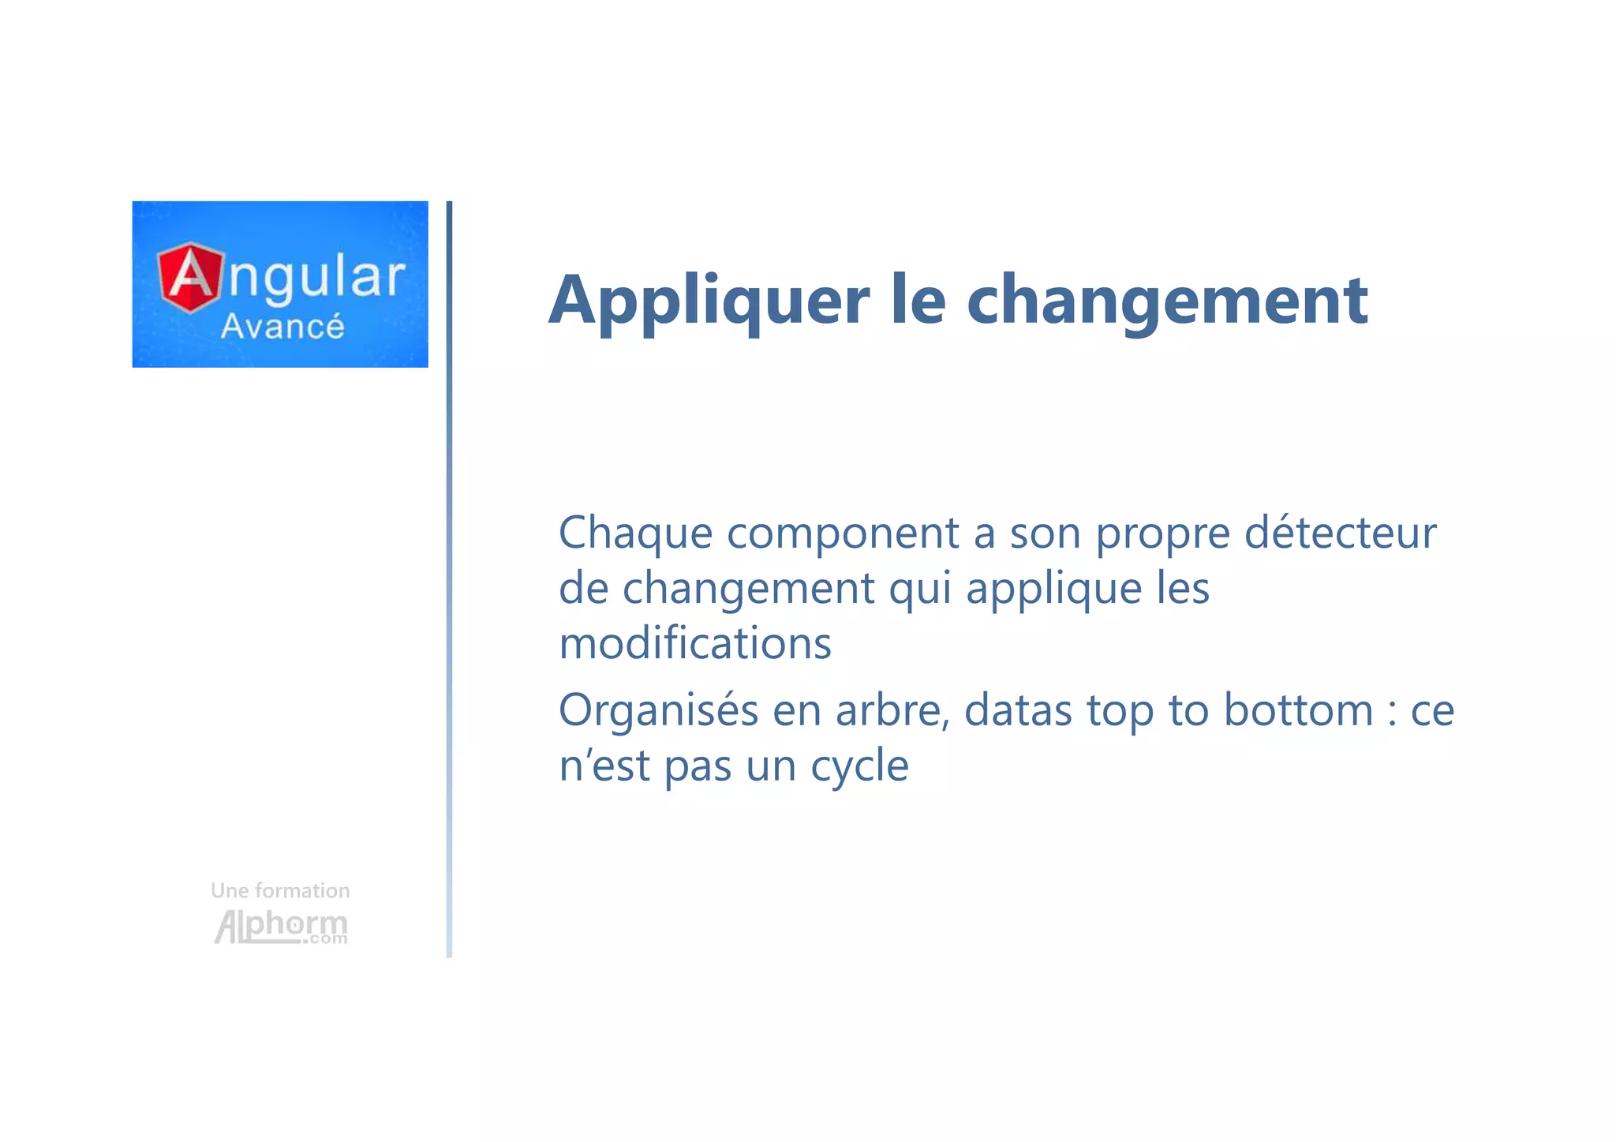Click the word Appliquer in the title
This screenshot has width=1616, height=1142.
pos(709,301)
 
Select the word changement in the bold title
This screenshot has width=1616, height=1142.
pos(1167,301)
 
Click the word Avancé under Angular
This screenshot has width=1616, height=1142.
pos(282,326)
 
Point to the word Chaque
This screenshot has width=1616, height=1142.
pos(636,534)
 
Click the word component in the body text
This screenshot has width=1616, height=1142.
pos(843,534)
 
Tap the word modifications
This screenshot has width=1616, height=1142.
pos(695,643)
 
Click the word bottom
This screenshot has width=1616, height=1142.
pos(1298,710)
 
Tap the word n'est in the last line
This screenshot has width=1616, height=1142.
pos(604,766)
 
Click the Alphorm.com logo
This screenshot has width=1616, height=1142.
pos(281,926)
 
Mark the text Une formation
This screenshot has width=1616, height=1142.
pos(280,891)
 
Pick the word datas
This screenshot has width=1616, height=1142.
pos(1018,710)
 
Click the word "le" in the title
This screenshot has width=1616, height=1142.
pos(918,301)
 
